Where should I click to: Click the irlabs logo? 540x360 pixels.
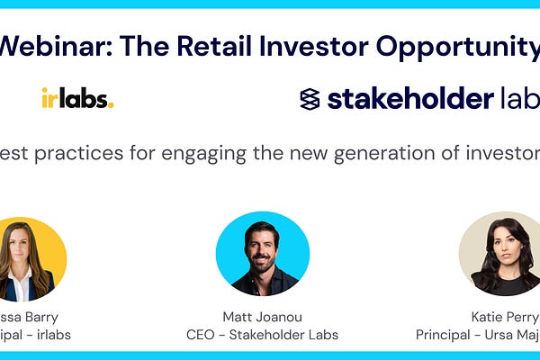tap(77, 99)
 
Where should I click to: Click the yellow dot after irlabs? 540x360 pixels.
tap(111, 105)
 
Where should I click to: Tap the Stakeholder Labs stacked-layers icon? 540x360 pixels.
tap(310, 99)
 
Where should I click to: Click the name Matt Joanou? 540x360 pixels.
tap(263, 317)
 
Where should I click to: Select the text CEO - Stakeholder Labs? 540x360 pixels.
tap(263, 334)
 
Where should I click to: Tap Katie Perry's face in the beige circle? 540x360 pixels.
tap(505, 247)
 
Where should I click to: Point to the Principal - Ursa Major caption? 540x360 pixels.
tap(478, 334)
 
